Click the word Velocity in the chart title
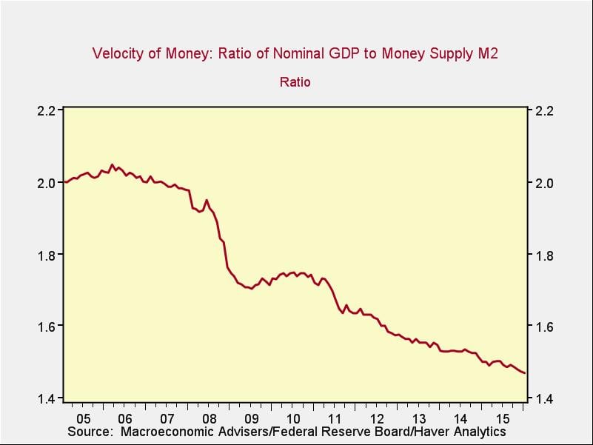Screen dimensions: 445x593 click(116, 53)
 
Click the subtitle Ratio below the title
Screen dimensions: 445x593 click(295, 81)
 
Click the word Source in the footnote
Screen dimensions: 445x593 click(89, 431)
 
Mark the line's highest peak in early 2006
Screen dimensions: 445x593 click(112, 164)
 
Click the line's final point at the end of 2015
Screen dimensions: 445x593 click(525, 373)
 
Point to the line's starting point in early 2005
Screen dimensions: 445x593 click(64, 182)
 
